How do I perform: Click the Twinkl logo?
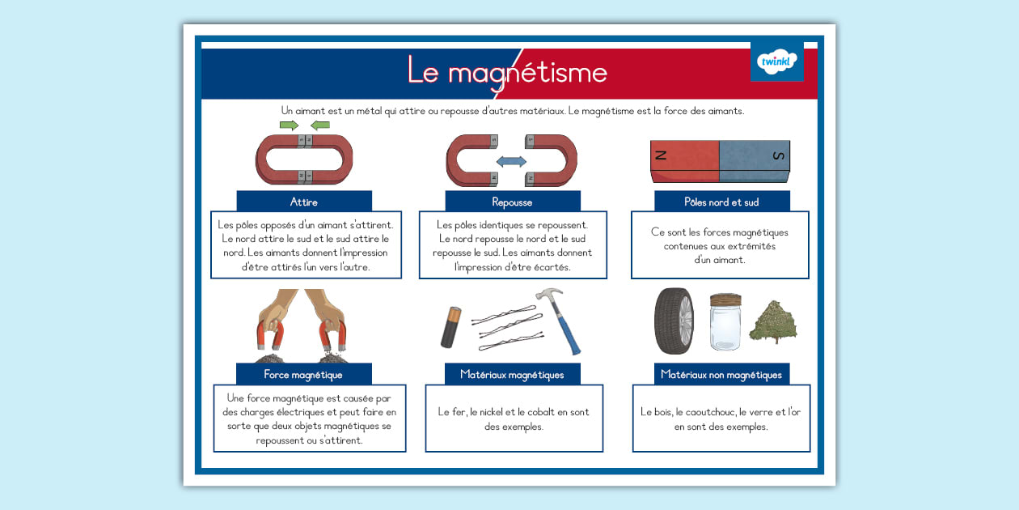[776, 62]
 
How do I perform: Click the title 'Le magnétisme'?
[507, 72]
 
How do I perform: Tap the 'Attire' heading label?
[304, 202]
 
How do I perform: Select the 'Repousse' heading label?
[512, 202]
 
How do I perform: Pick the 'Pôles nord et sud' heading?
[721, 202]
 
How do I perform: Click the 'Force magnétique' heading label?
[303, 374]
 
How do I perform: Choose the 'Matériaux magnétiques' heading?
[512, 374]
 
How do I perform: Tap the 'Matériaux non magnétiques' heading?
[721, 374]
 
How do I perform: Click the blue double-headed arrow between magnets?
[511, 162]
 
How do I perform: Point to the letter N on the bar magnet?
[662, 155]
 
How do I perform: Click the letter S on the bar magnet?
[779, 155]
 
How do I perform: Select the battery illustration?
[450, 326]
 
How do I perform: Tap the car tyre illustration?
[674, 321]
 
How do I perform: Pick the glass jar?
[725, 321]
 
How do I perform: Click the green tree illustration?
[773, 321]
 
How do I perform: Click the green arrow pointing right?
[289, 125]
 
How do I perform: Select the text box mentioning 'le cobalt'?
[514, 419]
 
